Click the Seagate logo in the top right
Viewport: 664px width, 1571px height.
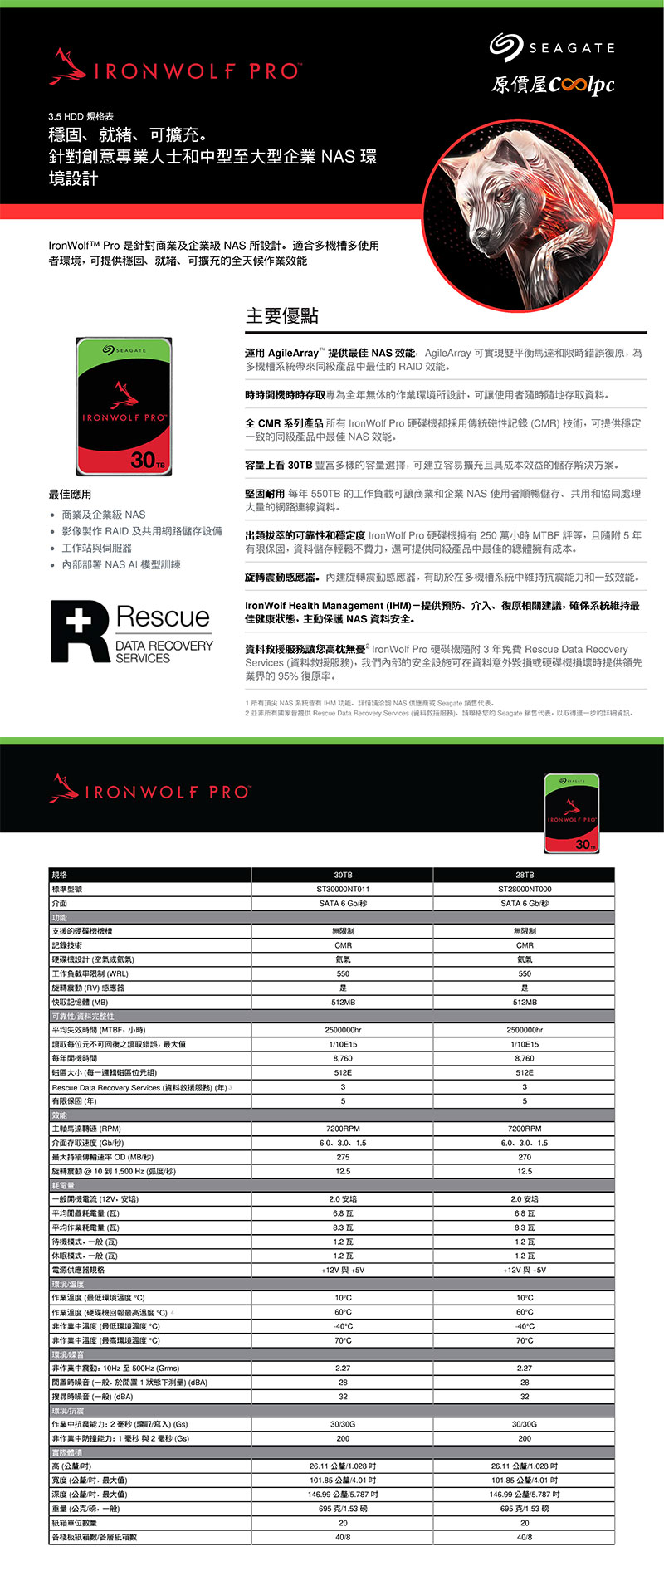point(552,47)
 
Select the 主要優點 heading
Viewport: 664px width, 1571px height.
point(282,315)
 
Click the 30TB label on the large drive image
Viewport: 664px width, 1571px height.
point(149,459)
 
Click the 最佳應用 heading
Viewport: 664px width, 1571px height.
point(70,494)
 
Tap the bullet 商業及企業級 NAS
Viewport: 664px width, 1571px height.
point(103,515)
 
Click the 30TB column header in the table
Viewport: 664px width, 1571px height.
point(343,875)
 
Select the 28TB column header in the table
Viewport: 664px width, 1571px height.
point(525,875)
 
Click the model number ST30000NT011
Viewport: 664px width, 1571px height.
point(343,889)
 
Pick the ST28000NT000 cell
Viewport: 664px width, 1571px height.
point(525,889)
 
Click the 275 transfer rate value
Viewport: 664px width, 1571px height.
point(343,1157)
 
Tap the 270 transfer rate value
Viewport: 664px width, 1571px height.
point(525,1157)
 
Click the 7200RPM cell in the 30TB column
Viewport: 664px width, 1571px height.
point(343,1129)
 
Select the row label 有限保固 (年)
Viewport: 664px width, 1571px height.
point(75,1101)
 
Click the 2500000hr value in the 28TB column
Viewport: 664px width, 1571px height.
point(525,1030)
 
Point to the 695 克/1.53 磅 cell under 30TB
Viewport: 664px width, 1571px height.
point(343,1509)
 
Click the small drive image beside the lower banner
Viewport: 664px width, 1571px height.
point(571,813)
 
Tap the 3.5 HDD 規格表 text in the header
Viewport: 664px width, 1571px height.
point(81,116)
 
